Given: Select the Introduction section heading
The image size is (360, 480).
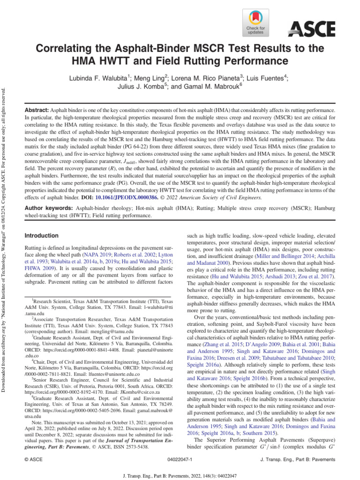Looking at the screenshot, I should point(41,235).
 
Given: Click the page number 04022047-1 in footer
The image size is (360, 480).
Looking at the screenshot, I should point(180,461).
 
